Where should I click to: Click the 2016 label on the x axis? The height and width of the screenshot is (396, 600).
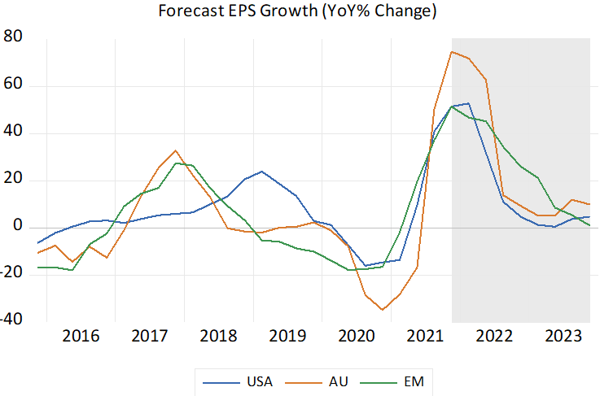tap(81, 337)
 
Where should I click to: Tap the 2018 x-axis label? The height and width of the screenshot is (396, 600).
tap(217, 337)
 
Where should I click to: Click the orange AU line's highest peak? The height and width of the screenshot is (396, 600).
tap(452, 52)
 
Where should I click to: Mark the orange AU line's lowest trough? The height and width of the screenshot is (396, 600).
tap(382, 310)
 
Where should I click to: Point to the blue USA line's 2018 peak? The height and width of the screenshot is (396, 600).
tap(261, 172)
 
